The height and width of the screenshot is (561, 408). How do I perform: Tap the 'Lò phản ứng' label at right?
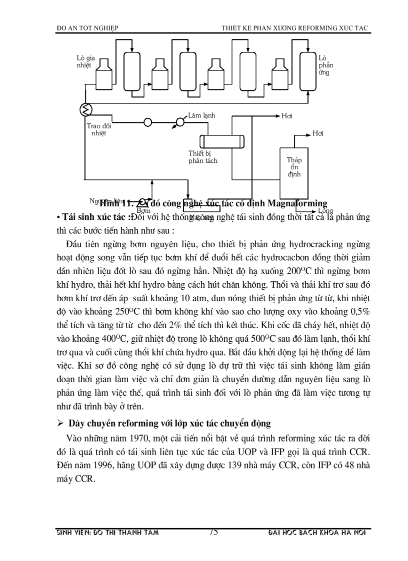tap(325, 65)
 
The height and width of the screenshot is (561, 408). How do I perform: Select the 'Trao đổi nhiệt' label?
tap(99, 129)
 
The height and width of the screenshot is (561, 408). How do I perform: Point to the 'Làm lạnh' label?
tap(201, 116)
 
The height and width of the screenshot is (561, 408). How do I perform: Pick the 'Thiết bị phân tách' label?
tap(203, 157)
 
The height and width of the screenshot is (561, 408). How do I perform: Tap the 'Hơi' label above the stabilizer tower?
tap(318, 133)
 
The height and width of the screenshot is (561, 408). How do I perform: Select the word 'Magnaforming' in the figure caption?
tap(297, 203)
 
